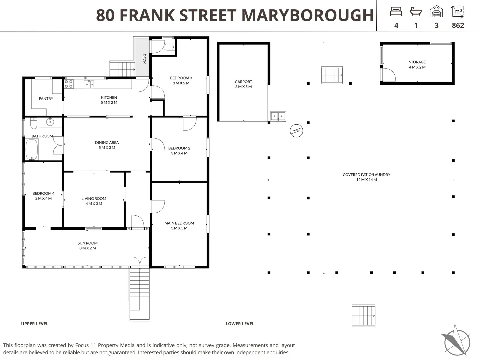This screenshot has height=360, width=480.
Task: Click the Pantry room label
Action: [x=46, y=99]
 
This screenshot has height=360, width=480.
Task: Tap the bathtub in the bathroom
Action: [x=32, y=150]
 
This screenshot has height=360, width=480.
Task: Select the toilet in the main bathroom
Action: [x=34, y=123]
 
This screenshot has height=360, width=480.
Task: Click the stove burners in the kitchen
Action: [x=69, y=84]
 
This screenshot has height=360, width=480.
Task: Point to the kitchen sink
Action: [x=89, y=84]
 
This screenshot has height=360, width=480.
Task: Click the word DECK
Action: [x=144, y=59]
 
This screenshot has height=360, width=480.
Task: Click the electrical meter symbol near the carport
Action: [x=296, y=131]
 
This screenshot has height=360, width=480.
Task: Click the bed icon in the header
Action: [x=396, y=12]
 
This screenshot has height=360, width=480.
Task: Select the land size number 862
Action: [x=458, y=25]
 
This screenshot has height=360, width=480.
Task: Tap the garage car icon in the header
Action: [x=437, y=12]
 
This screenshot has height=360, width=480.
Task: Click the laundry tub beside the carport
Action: [x=278, y=116]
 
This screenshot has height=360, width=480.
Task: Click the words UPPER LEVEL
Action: [x=35, y=324]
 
